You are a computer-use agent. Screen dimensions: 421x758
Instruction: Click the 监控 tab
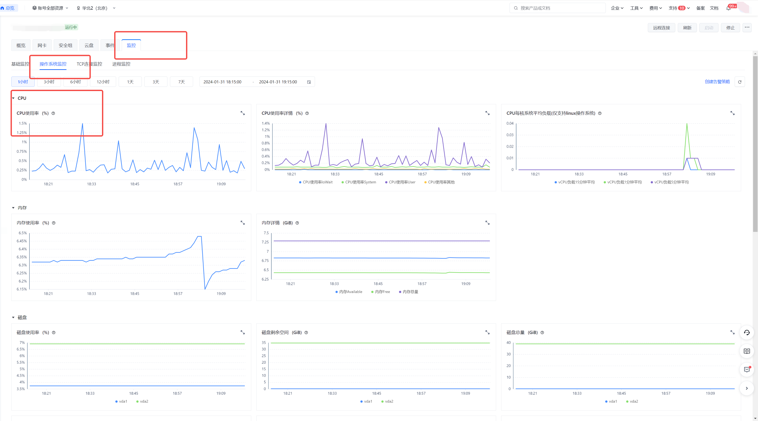[131, 45]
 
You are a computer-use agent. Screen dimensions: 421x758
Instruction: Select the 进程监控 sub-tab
[121, 64]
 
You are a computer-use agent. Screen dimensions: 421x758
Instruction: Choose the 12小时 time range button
[103, 82]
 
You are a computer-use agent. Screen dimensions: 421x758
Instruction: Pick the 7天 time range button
[182, 82]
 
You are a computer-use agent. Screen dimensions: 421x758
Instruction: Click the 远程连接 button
[661, 28]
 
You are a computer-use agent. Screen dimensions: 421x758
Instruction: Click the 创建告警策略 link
[717, 82]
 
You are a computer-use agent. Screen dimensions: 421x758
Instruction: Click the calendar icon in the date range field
[309, 82]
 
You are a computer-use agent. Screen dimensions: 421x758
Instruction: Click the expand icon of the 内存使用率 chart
[242, 223]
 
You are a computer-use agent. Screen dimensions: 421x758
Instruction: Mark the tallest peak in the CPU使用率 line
[82, 124]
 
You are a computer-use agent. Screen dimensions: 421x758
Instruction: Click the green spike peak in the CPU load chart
[687, 124]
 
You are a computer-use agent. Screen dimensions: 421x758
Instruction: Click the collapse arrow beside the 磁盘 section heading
[13, 318]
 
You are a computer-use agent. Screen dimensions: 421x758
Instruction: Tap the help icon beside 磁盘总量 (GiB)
[542, 333]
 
